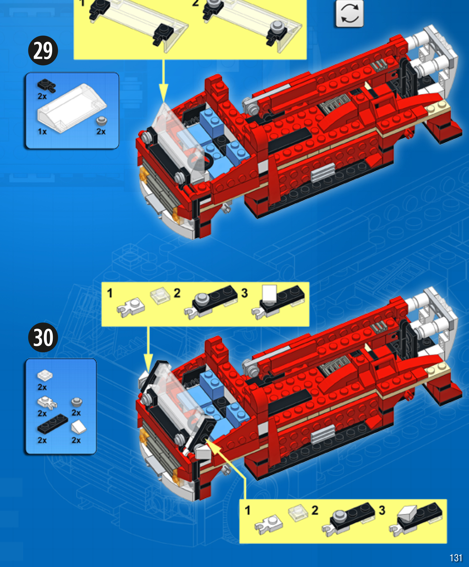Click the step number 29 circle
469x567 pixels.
pyautogui.click(x=43, y=50)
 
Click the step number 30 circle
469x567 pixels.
pyautogui.click(x=43, y=337)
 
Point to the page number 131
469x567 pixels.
pyautogui.click(x=456, y=558)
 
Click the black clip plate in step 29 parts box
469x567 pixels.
pyautogui.click(x=47, y=86)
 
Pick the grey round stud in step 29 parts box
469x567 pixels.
pyautogui.click(x=102, y=121)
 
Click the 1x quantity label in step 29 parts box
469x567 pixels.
pyautogui.click(x=42, y=131)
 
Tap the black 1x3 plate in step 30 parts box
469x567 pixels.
pyautogui.click(x=52, y=424)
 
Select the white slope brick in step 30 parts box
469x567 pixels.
pyautogui.click(x=79, y=427)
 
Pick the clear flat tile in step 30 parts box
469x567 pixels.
pyautogui.click(x=45, y=375)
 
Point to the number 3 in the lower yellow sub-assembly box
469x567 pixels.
pyautogui.click(x=382, y=510)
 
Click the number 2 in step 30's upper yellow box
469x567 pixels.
pyautogui.click(x=177, y=293)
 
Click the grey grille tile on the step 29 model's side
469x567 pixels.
pyautogui.click(x=323, y=172)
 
